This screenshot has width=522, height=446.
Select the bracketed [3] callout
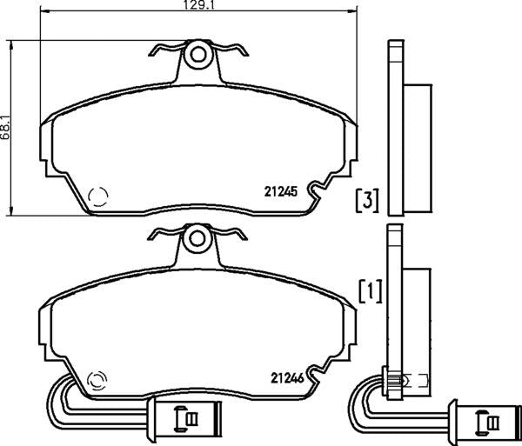[367, 201]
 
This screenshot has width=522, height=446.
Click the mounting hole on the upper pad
[199, 56]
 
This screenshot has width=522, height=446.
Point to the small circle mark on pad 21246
[97, 379]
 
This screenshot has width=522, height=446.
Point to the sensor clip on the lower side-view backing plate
[397, 380]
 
